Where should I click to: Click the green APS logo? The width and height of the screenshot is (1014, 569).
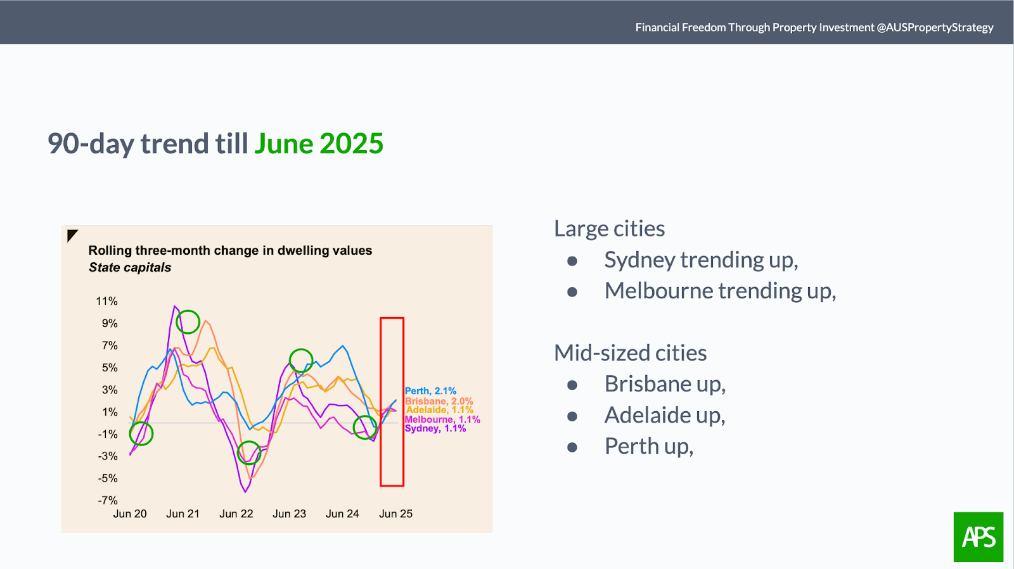979,537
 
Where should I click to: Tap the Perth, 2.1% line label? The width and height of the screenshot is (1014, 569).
430,391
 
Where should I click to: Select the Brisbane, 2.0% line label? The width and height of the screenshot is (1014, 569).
439,401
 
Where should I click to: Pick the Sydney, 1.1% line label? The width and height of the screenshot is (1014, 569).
435,429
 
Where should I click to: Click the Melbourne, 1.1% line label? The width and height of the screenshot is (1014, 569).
442,419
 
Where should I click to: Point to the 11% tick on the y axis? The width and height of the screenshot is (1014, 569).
107,302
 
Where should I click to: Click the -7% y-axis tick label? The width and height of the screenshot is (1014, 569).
108,500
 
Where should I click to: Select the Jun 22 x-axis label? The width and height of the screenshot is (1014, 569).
236,514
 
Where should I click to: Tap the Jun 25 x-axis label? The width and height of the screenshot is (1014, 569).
395,514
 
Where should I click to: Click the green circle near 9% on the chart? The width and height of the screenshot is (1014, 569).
188,310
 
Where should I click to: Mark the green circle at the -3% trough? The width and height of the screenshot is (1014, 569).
249,442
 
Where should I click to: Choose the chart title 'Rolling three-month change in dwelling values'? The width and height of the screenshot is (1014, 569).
230,250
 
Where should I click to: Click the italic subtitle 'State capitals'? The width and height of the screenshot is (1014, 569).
130,267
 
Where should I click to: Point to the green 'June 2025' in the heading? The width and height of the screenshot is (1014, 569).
319,144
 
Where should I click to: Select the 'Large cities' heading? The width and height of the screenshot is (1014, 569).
609,228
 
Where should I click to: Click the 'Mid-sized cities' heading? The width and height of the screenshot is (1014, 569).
630,353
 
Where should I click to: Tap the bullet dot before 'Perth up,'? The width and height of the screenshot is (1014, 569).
572,447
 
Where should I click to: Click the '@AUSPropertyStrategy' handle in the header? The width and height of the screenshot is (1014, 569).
935,28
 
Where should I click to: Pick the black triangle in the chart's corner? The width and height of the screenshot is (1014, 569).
71,234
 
